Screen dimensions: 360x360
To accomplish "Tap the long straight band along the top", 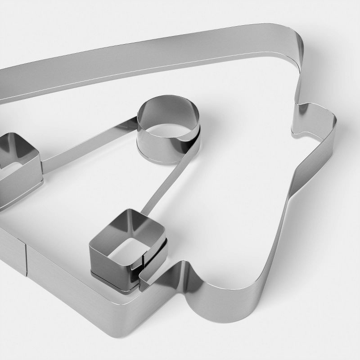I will [148, 58].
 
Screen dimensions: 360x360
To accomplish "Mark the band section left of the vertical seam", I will [11, 252].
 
